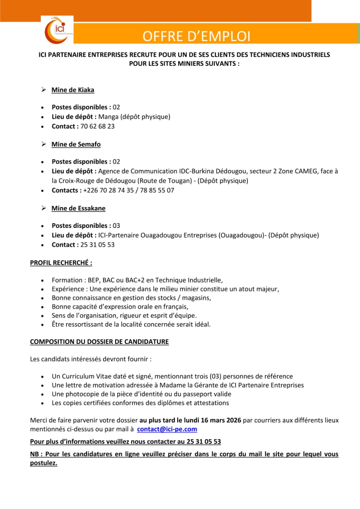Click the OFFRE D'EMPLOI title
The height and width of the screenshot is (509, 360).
(197, 36)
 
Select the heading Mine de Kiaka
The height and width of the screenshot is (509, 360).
(73, 90)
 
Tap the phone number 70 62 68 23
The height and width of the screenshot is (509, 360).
(97, 126)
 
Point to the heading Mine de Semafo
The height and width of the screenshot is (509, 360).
(76, 144)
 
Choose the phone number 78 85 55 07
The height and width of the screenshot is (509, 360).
(159, 190)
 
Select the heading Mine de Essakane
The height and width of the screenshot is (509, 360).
(78, 208)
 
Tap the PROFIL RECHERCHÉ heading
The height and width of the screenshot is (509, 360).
(61, 263)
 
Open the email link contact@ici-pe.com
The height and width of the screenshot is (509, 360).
(167, 429)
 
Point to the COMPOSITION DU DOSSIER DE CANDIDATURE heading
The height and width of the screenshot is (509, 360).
(99, 342)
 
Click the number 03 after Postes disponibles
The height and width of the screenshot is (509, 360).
(117, 225)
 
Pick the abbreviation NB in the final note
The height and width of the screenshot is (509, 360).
(35, 454)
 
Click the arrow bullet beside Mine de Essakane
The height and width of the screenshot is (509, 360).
(44, 208)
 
